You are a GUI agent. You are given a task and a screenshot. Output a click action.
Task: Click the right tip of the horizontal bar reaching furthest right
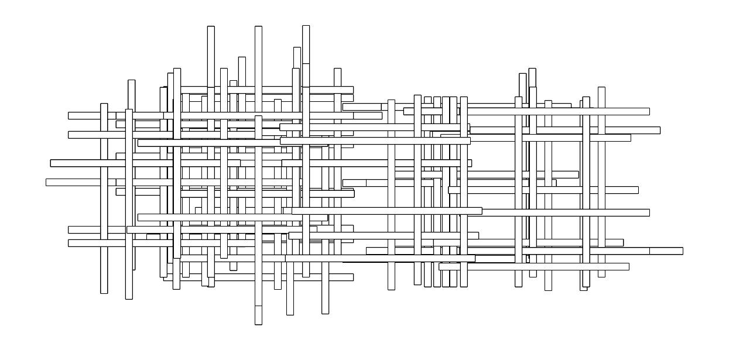tap(682, 251)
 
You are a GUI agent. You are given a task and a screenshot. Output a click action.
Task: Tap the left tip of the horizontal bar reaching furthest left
tap(47, 182)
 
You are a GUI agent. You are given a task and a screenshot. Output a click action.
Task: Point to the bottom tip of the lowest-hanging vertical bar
tap(258, 324)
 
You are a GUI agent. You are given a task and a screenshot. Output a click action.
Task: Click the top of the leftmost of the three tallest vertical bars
tap(211, 27)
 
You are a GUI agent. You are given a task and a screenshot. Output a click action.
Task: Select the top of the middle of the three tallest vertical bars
tap(258, 27)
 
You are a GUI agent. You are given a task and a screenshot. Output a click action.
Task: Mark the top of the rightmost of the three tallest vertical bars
tap(306, 26)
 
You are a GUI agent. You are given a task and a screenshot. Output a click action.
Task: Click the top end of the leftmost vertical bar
tap(104, 104)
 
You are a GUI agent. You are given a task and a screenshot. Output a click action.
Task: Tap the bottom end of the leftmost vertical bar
tap(104, 293)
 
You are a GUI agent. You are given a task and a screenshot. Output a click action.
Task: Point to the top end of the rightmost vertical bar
tap(601, 88)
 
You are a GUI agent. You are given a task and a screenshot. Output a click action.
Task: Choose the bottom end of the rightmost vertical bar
tap(601, 276)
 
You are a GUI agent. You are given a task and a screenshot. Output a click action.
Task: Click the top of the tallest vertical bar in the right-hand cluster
tap(532, 69)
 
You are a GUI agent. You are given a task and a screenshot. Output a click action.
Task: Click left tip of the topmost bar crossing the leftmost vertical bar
tap(69, 115)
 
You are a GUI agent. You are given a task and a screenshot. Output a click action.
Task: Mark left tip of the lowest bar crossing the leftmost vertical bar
tap(69, 243)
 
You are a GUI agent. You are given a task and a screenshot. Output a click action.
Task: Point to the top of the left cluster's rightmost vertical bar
tap(337, 69)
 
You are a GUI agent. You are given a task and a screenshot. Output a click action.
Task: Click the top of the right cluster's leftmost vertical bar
tap(391, 100)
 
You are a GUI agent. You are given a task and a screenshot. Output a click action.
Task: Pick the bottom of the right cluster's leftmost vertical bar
tap(391, 289)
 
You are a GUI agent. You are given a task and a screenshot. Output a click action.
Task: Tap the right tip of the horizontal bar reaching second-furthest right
tap(660, 130)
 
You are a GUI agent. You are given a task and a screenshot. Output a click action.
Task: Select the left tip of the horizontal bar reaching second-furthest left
tap(51, 163)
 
